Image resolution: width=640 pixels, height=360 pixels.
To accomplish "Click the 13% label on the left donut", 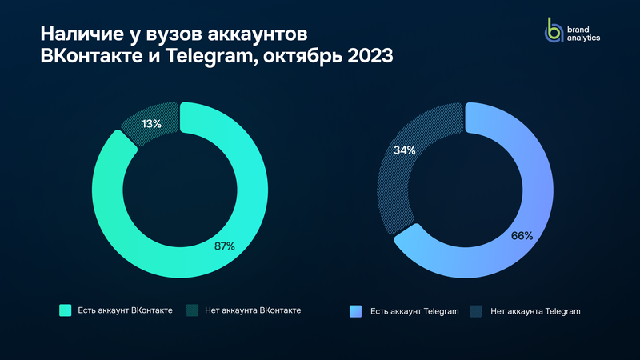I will (x=152, y=124).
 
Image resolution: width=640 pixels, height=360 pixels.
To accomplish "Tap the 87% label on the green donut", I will (x=224, y=246).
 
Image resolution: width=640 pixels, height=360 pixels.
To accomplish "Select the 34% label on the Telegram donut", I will (x=403, y=150).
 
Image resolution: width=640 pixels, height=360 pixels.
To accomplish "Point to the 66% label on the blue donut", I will (x=522, y=236).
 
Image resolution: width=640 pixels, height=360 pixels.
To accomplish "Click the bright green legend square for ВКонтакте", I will (x=66, y=310).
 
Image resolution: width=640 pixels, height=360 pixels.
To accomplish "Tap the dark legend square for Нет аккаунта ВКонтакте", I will (x=191, y=310).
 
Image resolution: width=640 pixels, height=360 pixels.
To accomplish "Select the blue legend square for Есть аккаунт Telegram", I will (x=356, y=310).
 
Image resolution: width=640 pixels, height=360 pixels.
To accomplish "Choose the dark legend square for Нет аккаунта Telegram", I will (x=476, y=310).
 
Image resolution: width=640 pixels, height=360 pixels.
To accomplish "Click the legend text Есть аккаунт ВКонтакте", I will (x=126, y=310).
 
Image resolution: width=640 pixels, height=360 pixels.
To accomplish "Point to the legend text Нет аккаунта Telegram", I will (x=534, y=310).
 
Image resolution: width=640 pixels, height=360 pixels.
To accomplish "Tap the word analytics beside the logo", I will (x=583, y=37).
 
